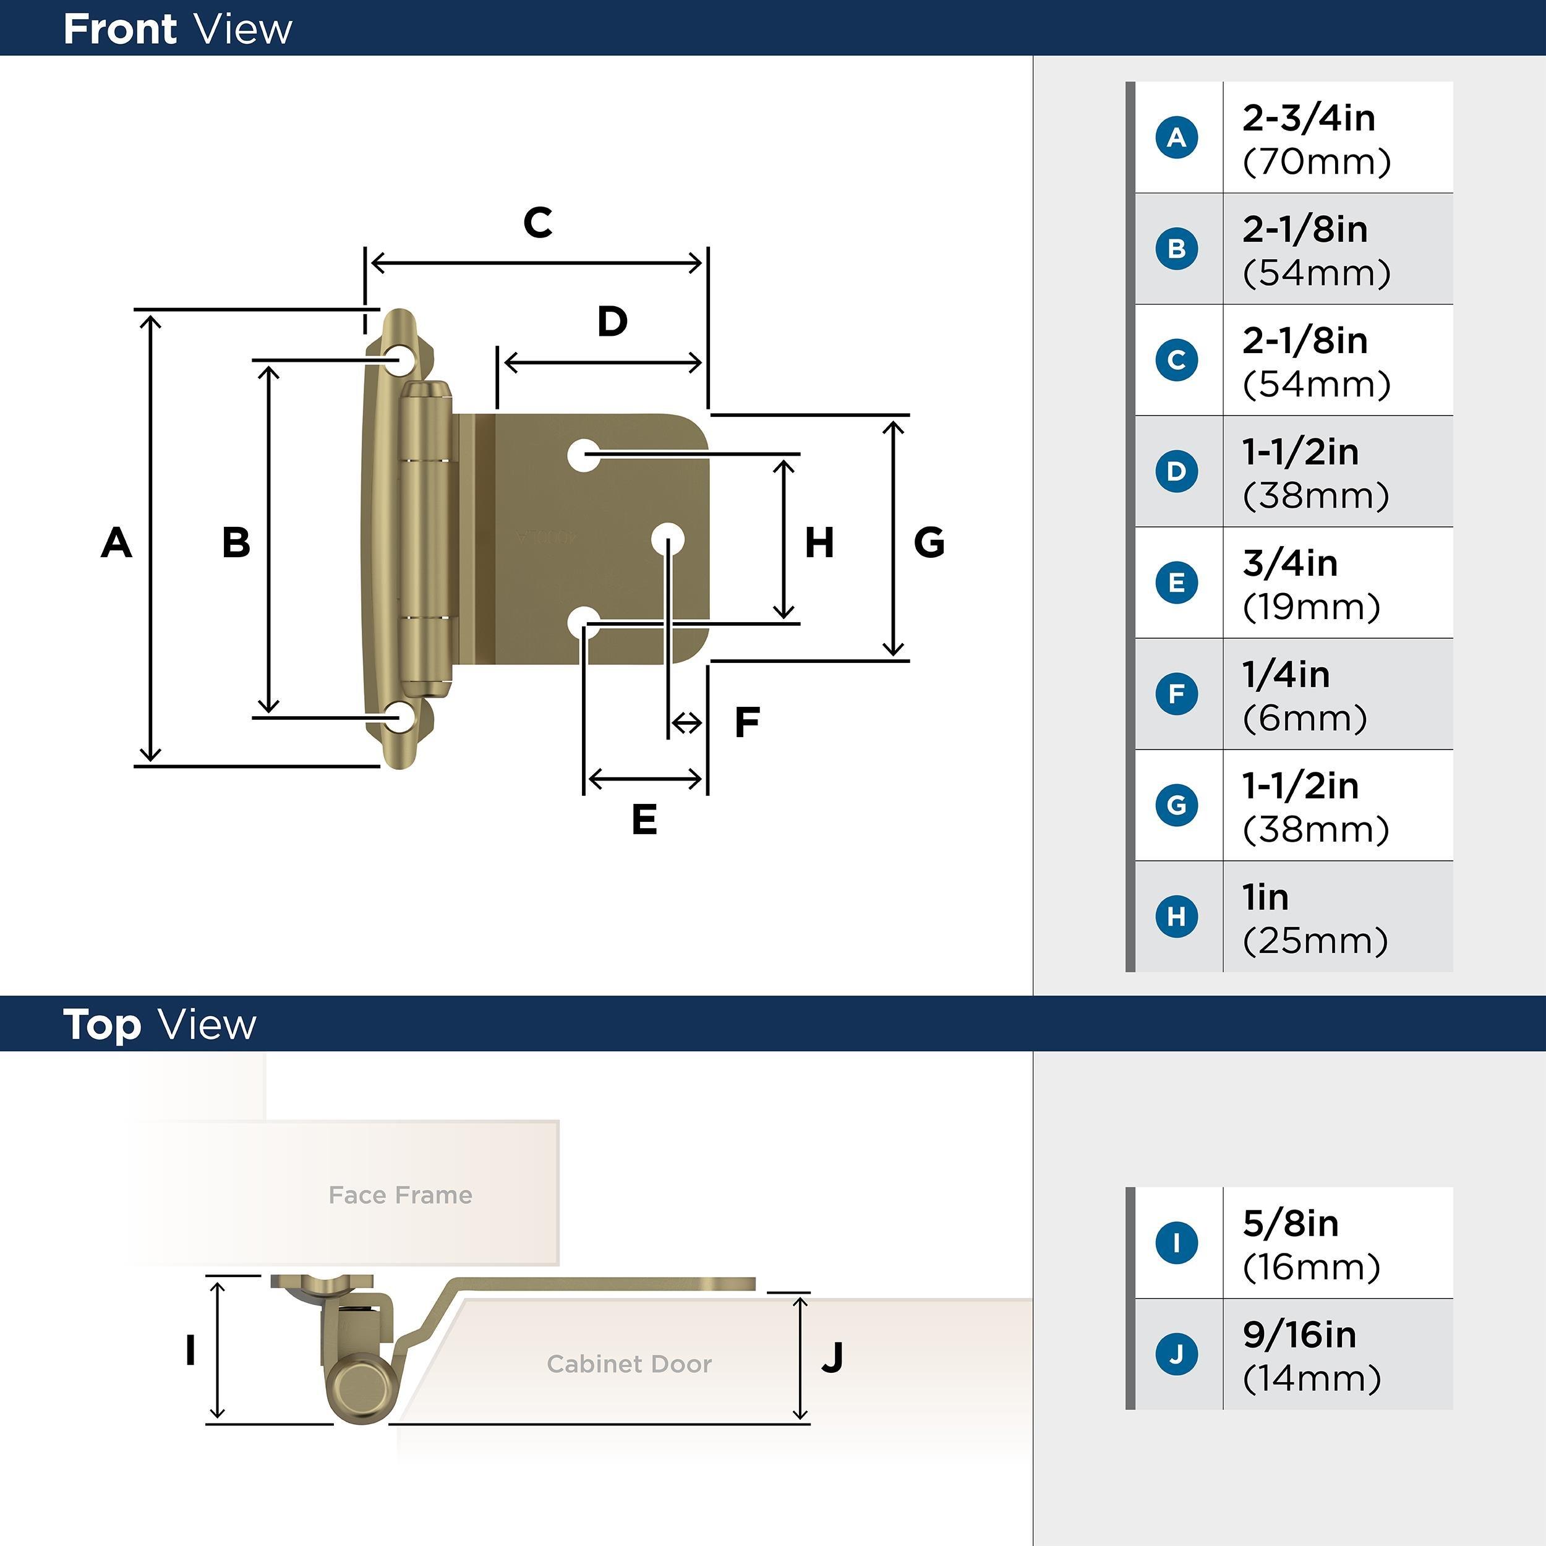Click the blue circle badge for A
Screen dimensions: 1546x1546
(x=1176, y=138)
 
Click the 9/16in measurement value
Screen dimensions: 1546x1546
(x=1299, y=1334)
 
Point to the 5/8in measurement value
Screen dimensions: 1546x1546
(x=1290, y=1223)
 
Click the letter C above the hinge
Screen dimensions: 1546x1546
(x=538, y=223)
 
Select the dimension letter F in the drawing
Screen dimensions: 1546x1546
(x=746, y=722)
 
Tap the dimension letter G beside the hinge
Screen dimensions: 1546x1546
(x=929, y=542)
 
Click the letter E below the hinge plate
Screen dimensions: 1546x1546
(x=644, y=819)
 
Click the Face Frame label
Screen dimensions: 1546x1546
(x=400, y=1195)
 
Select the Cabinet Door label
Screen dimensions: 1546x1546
(x=629, y=1364)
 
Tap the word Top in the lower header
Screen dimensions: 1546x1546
(x=101, y=1025)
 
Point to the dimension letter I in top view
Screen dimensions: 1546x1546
(x=190, y=1351)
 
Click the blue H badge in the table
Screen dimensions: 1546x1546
(x=1176, y=916)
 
